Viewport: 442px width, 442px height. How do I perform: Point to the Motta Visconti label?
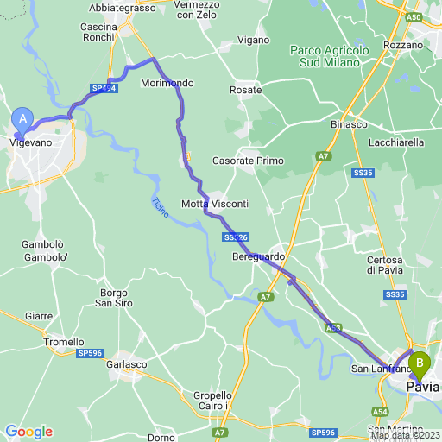coord(215,204)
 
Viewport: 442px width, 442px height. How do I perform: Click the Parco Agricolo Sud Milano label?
coord(330,56)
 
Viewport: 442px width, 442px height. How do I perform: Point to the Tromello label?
coord(64,342)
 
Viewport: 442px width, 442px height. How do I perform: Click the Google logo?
coord(28,432)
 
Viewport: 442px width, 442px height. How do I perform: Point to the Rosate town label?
coord(246,90)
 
